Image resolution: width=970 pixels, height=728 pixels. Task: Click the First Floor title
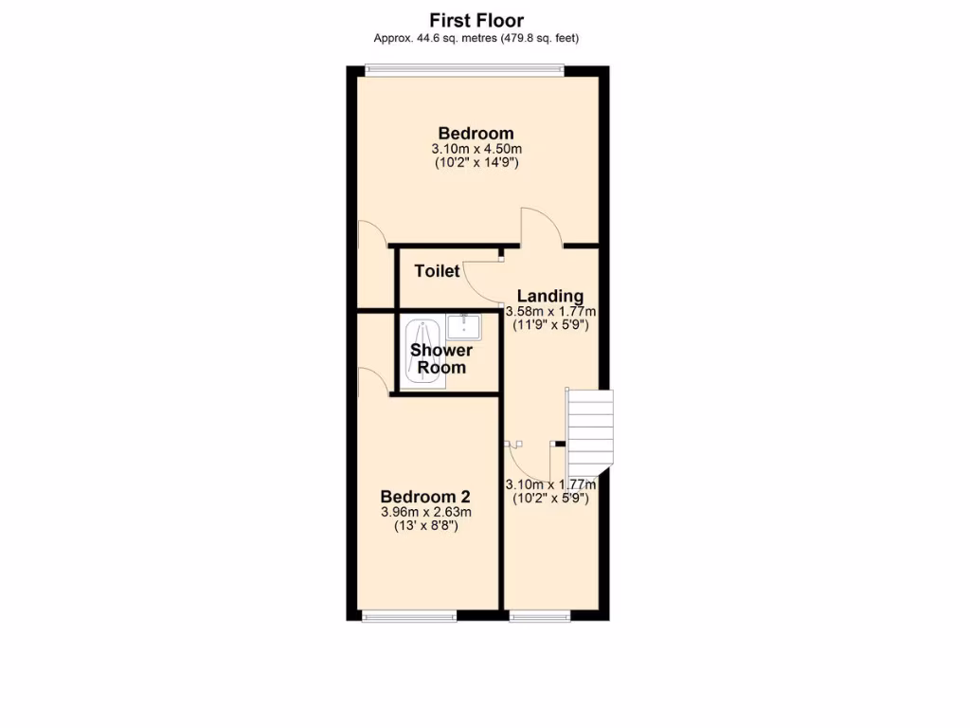[x=476, y=20]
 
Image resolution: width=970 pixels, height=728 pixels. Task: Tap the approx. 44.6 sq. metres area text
[x=476, y=38]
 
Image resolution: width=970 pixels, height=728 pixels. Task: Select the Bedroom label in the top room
[x=476, y=134]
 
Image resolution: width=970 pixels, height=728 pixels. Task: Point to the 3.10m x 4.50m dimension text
[x=476, y=150]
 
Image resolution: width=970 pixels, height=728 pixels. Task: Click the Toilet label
[x=437, y=271]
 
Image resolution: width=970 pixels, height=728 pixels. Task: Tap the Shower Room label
[x=441, y=358]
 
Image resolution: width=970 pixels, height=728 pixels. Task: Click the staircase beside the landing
[x=589, y=431]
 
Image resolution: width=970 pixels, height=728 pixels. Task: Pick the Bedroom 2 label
[x=425, y=497]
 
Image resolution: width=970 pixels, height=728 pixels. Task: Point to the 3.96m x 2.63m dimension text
[x=425, y=512]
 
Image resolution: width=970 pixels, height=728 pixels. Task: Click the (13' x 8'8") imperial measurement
[x=425, y=526]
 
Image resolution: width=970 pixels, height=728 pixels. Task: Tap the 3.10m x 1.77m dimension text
[x=550, y=483]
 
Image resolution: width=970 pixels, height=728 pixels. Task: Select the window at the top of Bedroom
[x=464, y=68]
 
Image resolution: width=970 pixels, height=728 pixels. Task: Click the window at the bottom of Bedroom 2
[x=409, y=617]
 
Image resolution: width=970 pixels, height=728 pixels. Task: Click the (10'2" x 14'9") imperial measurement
[x=476, y=164]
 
